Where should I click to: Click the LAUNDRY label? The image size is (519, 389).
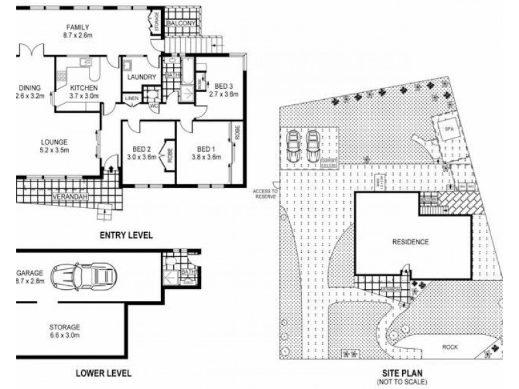[142, 77]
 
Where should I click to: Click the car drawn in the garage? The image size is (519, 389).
[83, 276]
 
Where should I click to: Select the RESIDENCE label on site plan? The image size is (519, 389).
[410, 242]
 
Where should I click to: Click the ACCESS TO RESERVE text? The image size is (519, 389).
[265, 193]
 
